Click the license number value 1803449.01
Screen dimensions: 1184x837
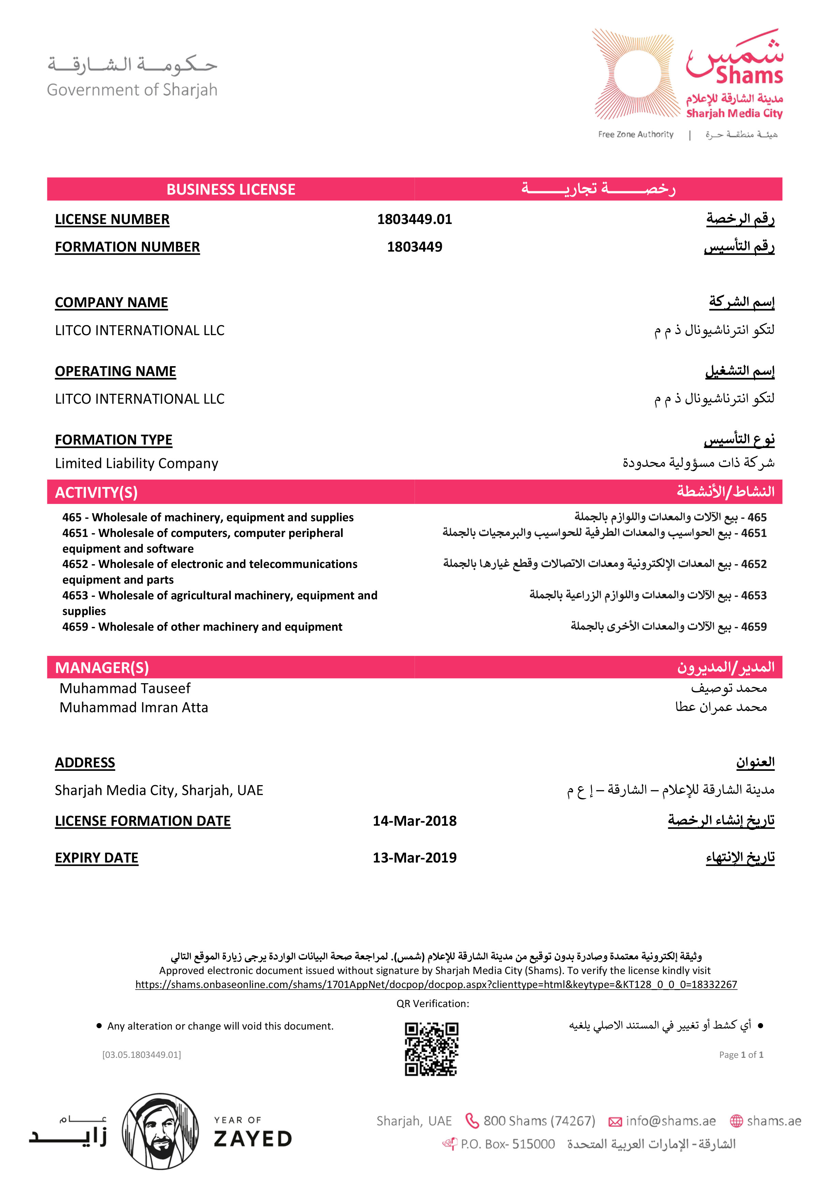point(414,219)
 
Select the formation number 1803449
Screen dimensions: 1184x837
point(414,247)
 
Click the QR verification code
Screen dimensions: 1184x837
point(431,1049)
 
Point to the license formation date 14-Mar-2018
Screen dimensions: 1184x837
point(414,821)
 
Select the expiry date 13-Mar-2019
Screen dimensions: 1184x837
point(414,858)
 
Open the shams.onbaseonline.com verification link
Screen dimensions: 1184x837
point(436,985)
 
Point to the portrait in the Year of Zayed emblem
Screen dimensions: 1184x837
point(160,1131)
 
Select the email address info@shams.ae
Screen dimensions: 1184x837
point(670,1121)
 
